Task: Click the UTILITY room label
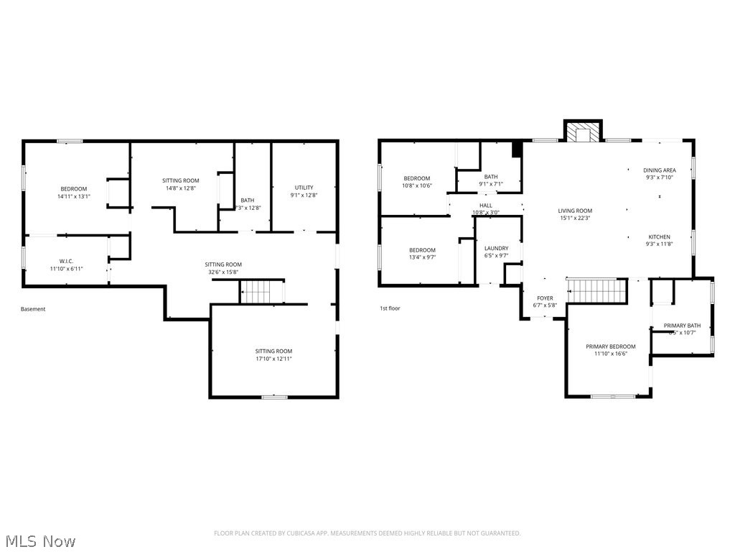(x=304, y=188)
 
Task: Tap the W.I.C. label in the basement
(x=67, y=261)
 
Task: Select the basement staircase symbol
(x=262, y=292)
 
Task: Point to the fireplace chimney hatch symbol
(x=582, y=133)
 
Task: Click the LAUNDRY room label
(x=496, y=248)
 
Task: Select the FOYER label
(x=546, y=298)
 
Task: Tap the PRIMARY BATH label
(x=681, y=326)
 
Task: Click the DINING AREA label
(x=659, y=170)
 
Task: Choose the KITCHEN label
(x=659, y=236)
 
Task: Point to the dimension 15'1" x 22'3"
(x=575, y=218)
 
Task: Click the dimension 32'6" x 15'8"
(x=223, y=272)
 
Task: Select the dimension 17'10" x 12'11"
(x=273, y=359)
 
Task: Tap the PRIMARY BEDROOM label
(x=610, y=346)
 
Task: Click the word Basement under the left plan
(x=33, y=309)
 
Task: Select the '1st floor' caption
(x=390, y=308)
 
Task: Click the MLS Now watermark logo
(x=39, y=540)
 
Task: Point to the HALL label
(x=486, y=205)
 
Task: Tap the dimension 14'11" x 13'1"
(x=73, y=196)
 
